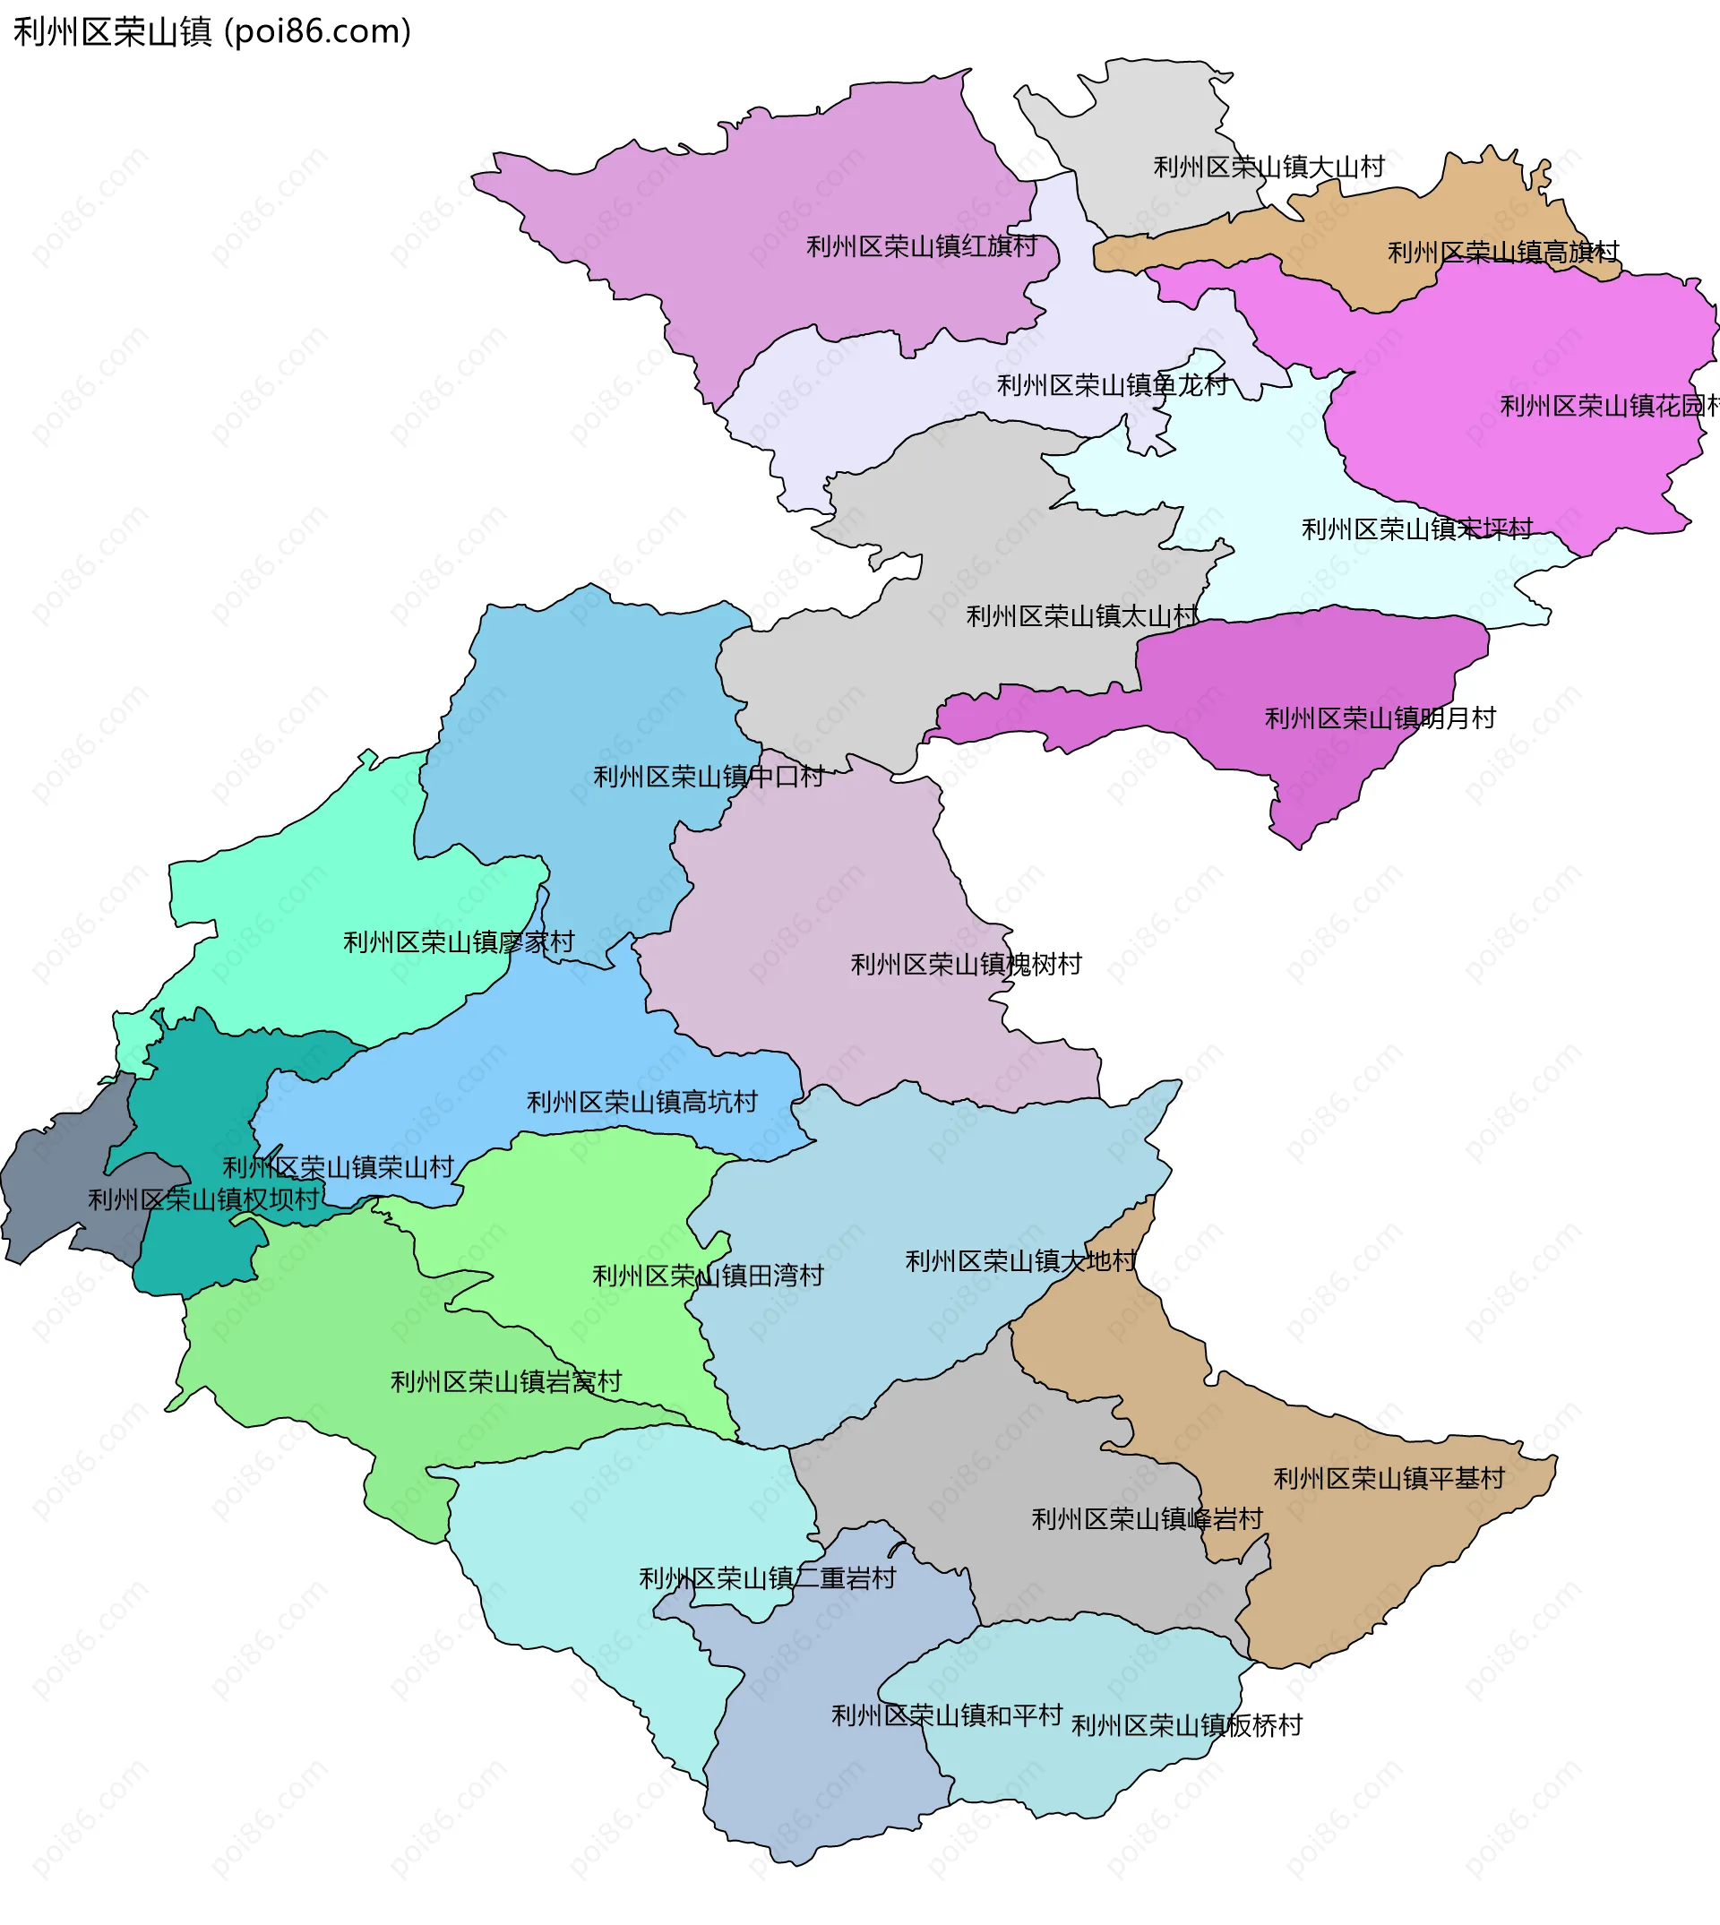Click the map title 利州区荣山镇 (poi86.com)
[212, 32]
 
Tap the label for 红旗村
[922, 246]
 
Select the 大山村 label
[1268, 168]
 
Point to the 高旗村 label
[1502, 253]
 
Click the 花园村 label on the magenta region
[1606, 407]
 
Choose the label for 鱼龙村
[1113, 385]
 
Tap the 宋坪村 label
[1416, 529]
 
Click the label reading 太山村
[1081, 617]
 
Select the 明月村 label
[1380, 718]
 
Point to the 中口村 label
[708, 777]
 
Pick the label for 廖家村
[459, 942]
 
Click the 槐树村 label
[966, 965]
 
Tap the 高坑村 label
[641, 1102]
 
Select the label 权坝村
[203, 1200]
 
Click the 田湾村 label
[708, 1276]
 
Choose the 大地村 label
[1020, 1261]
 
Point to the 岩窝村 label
[505, 1382]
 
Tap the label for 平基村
[1389, 1479]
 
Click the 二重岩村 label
[768, 1578]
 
